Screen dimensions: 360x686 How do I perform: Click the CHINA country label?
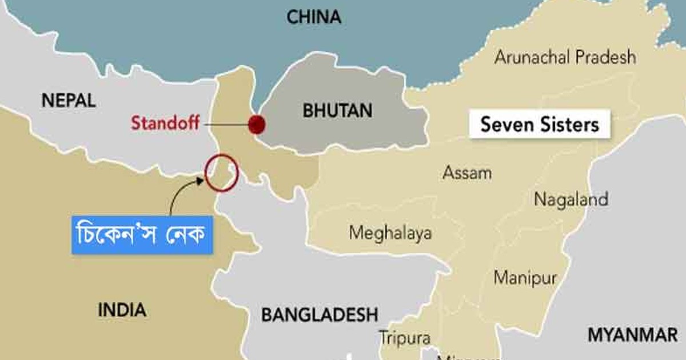(313, 17)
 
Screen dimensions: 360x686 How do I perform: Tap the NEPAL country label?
(68, 101)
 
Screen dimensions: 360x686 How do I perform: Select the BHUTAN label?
(337, 110)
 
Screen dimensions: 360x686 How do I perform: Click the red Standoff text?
(165, 123)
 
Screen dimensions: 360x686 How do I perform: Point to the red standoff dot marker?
(257, 123)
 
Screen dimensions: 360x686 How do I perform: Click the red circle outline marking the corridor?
(222, 172)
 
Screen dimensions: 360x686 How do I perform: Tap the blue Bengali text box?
(142, 234)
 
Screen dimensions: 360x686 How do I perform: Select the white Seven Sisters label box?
(539, 124)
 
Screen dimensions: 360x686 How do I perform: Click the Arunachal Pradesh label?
(565, 57)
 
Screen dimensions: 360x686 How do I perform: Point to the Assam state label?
(466, 172)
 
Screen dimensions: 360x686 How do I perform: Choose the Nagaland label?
(571, 199)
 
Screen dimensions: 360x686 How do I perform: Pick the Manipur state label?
(525, 278)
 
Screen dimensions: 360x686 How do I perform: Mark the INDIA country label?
(122, 310)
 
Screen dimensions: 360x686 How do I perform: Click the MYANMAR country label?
(632, 335)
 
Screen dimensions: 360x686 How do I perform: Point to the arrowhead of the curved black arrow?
(201, 180)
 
